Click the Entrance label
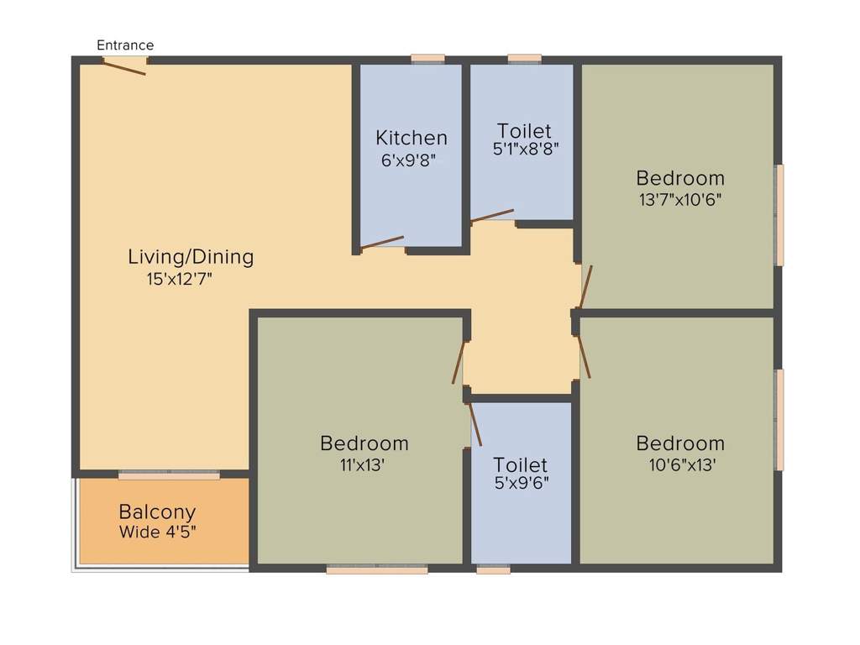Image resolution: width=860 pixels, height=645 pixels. (x=125, y=45)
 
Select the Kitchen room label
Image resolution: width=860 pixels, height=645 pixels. (x=412, y=138)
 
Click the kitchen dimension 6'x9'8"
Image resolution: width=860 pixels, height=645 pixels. (x=409, y=160)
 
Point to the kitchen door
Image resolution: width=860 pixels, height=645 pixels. (x=382, y=244)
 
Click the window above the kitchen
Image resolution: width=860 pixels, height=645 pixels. (x=427, y=59)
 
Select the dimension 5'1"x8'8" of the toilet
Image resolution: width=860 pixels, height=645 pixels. (x=526, y=149)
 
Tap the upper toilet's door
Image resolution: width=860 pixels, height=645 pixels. (x=492, y=216)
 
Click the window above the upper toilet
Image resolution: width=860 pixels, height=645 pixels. (x=525, y=59)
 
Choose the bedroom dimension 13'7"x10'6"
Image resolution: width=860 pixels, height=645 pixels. (x=679, y=200)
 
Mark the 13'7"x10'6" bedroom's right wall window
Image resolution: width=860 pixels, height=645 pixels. (x=779, y=215)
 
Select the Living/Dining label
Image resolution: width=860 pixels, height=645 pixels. (x=191, y=257)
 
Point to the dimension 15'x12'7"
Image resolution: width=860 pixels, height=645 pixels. (x=180, y=280)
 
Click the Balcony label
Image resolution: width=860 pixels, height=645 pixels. (x=157, y=511)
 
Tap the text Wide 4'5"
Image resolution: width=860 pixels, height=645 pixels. (x=158, y=532)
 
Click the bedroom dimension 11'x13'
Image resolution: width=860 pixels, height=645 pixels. (x=364, y=464)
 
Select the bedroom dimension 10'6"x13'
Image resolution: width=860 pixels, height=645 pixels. (x=680, y=464)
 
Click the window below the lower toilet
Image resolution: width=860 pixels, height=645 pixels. (x=493, y=569)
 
